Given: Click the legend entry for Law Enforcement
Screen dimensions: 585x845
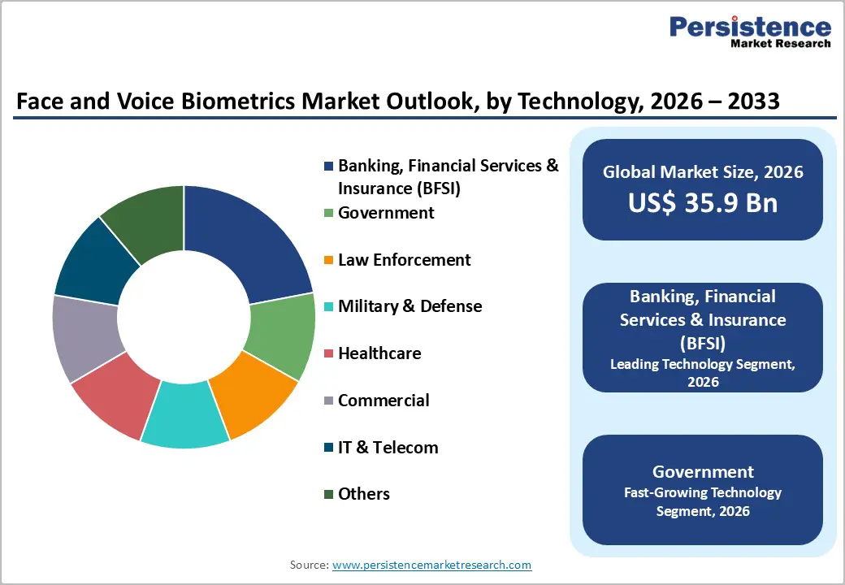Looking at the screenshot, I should [404, 260].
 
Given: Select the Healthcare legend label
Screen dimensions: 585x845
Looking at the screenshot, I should [379, 353].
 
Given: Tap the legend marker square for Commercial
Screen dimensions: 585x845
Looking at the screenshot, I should [328, 401].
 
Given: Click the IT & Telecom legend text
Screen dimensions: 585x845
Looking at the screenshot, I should [388, 448].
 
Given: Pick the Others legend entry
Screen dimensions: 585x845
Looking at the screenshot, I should [363, 494].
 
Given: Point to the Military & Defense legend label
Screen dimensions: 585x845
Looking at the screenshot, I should [409, 306].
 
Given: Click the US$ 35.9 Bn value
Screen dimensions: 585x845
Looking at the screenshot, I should [703, 202].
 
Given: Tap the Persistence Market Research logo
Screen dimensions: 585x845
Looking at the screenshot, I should [749, 32].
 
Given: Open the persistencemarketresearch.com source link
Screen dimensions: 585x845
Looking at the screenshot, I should [431, 565].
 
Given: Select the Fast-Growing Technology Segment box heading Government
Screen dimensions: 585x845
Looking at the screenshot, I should [703, 472].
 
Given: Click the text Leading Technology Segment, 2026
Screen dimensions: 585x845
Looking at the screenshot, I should [703, 372].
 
